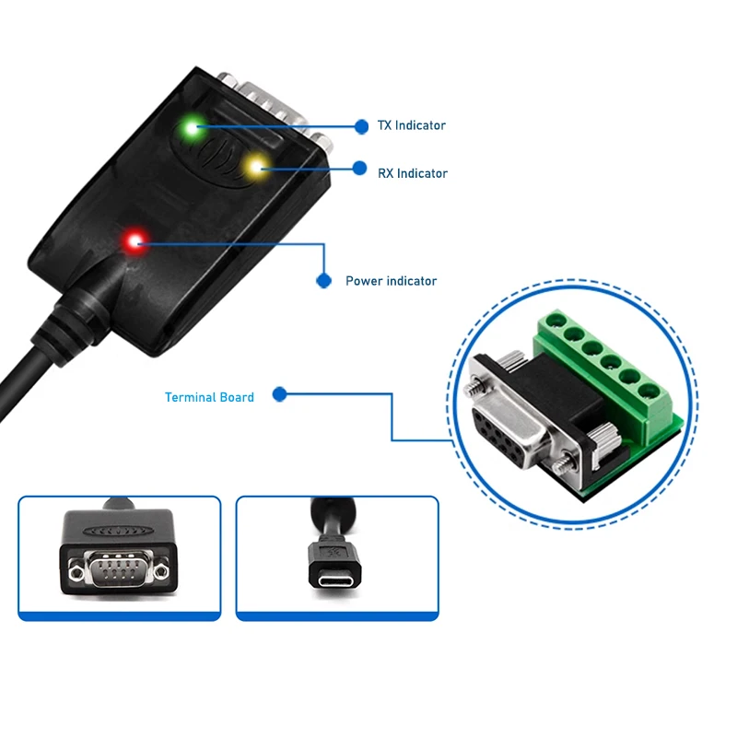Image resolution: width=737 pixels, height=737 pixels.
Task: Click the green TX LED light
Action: coord(193,128)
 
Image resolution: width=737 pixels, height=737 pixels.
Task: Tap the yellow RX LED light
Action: coord(255,167)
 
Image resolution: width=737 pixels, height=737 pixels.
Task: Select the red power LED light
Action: coord(136,242)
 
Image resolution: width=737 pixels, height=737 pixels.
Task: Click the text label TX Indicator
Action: coord(412,125)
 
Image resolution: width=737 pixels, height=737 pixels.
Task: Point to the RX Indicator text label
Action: coord(413,173)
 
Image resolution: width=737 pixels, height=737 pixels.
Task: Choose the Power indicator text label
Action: coord(391,281)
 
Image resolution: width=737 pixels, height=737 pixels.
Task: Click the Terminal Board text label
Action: coord(209,397)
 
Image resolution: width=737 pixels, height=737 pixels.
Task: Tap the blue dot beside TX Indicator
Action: coord(360,125)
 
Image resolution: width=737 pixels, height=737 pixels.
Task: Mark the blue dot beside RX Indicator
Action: coord(360,169)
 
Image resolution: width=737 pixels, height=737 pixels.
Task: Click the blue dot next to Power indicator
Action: coord(323,280)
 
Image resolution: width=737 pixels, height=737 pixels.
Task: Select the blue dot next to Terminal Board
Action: coord(279,394)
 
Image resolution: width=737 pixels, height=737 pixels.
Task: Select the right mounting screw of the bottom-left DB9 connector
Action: coord(162,572)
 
